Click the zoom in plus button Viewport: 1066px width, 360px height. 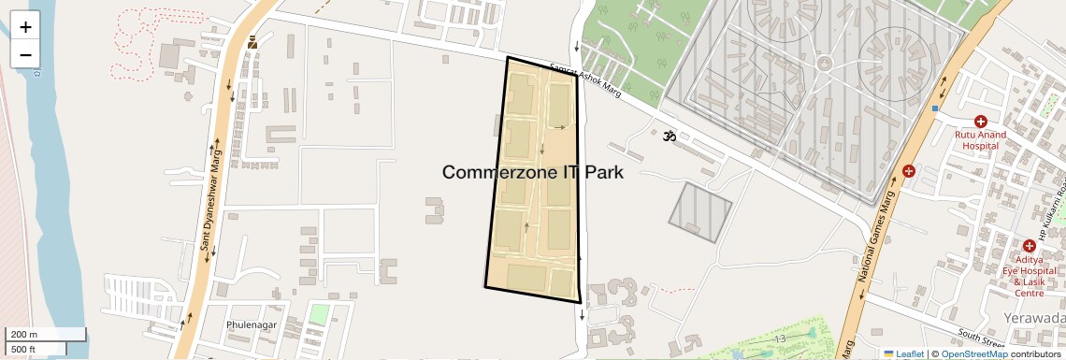[x=25, y=27]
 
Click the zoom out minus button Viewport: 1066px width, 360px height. [x=25, y=54]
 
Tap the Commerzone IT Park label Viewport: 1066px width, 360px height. [x=532, y=172]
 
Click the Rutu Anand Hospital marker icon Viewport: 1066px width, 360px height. [x=981, y=122]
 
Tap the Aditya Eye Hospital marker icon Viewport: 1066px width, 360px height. [x=1029, y=245]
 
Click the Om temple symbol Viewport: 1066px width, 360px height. [x=669, y=137]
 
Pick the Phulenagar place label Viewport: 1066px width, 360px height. [x=252, y=324]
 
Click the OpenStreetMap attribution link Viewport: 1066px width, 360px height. [x=973, y=353]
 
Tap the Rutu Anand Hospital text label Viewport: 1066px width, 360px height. [x=980, y=140]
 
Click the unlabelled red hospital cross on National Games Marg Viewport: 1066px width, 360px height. [x=909, y=171]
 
